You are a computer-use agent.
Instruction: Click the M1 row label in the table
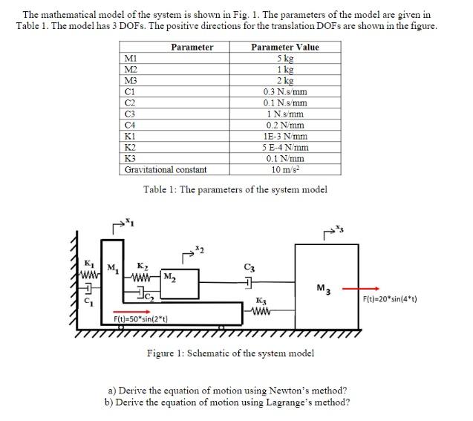click(x=131, y=57)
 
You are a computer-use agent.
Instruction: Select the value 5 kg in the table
click(x=284, y=57)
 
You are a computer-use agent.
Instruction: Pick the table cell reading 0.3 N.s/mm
click(x=284, y=91)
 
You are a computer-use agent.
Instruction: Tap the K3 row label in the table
click(x=131, y=158)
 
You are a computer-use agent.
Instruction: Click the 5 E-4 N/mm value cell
click(x=285, y=147)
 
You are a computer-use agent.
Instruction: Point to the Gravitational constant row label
click(x=166, y=169)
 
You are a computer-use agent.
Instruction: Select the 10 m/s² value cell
click(x=285, y=169)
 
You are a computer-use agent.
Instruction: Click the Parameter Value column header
click(x=285, y=47)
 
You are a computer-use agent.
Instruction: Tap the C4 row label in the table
click(x=131, y=125)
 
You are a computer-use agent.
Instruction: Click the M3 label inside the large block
click(x=322, y=289)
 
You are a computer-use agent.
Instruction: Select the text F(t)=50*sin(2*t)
click(x=140, y=319)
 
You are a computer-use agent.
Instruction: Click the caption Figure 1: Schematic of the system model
click(x=230, y=353)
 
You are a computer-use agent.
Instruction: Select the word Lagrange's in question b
click(x=298, y=402)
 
